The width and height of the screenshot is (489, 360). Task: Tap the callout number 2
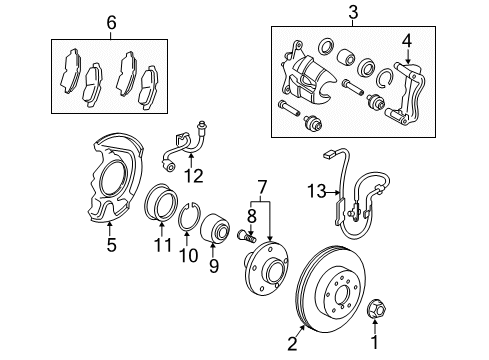[292, 344]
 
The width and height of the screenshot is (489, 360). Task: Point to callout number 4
[406, 41]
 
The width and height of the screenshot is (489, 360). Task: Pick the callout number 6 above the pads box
[112, 22]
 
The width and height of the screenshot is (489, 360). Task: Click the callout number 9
[211, 266]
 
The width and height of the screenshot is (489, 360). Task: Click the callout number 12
[194, 175]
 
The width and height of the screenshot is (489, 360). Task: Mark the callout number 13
[317, 190]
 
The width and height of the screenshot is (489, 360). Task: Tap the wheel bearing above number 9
[215, 232]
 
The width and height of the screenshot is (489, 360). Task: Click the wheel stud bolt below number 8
[246, 236]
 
